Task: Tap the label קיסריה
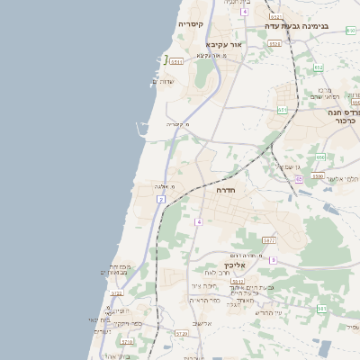(x=191, y=24)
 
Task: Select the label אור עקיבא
(x=225, y=43)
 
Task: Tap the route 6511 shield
(x=176, y=61)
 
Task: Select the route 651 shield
(x=283, y=110)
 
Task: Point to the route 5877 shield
(x=269, y=240)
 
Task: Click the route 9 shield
(x=273, y=260)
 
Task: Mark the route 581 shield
(x=321, y=309)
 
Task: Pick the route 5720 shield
(x=182, y=333)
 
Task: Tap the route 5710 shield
(x=127, y=342)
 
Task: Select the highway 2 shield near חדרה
(x=161, y=198)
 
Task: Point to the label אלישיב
(x=202, y=324)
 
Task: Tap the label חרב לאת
(x=212, y=273)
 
